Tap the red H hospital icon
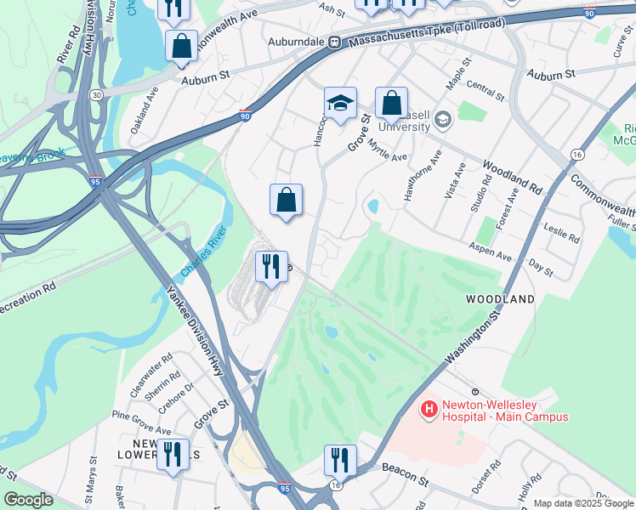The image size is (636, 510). point(429,410)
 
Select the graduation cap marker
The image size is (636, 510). point(340,104)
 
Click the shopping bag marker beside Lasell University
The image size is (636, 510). point(391,104)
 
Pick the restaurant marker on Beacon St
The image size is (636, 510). point(340,460)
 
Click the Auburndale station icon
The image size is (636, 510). point(335,41)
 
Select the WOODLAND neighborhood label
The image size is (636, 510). point(500,299)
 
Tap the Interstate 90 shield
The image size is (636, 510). point(245,116)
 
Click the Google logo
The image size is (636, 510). point(28,500)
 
